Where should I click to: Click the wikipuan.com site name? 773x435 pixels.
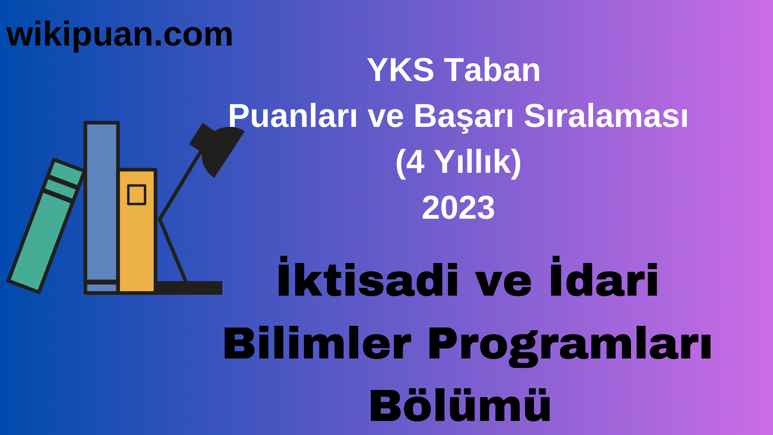(120, 35)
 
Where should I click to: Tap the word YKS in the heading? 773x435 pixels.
(400, 70)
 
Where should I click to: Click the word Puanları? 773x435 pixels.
(293, 116)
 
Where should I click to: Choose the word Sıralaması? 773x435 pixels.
(606, 116)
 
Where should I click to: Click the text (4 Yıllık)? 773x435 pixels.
(458, 162)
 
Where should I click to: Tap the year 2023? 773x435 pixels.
(458, 208)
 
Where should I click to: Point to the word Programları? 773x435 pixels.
(569, 344)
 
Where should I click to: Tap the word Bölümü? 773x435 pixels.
(460, 406)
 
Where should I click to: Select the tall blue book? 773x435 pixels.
(101, 201)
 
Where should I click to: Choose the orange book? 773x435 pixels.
(137, 242)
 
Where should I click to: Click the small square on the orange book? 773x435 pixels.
(136, 195)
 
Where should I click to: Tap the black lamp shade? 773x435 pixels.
(219, 149)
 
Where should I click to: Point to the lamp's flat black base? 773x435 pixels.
(189, 288)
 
